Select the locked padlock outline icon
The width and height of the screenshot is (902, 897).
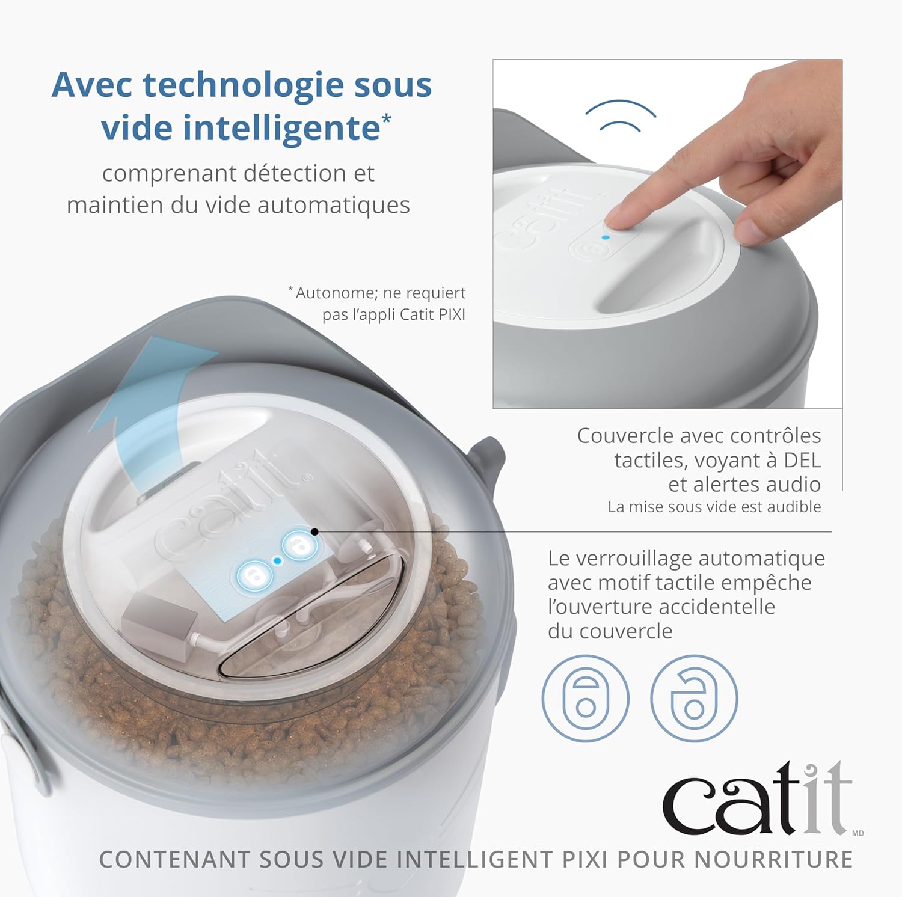pos(585,698)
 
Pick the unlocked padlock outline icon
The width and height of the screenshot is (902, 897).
pos(694,698)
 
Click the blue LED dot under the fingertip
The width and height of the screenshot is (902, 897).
pos(606,237)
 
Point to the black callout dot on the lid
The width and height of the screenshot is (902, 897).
pos(314,532)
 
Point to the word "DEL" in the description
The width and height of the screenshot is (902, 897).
pos(802,460)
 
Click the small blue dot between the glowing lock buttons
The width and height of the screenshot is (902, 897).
pos(277,560)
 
